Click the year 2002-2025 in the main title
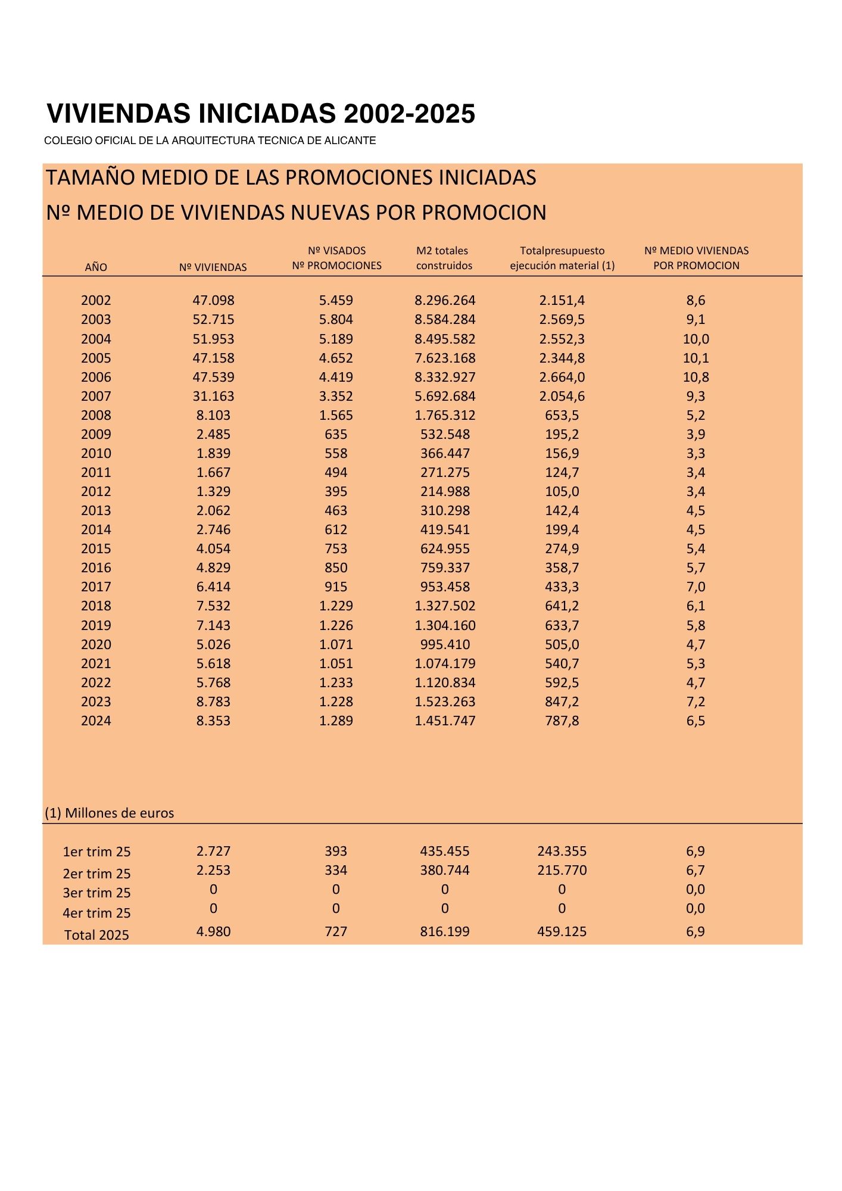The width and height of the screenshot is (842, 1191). [x=409, y=114]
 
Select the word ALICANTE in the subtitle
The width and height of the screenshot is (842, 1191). [x=351, y=141]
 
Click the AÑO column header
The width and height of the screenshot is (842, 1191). [x=96, y=267]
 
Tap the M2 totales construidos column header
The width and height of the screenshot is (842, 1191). [x=444, y=258]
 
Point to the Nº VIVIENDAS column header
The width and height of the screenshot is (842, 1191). [x=213, y=267]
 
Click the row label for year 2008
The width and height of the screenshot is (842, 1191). [x=96, y=416]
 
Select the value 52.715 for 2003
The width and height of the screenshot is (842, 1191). [x=213, y=320]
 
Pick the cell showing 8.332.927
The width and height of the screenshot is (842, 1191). [x=445, y=378]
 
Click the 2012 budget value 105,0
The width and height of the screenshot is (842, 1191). [x=562, y=492]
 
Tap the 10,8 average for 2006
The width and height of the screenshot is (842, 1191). [x=696, y=378]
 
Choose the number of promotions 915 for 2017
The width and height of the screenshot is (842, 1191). [x=336, y=587]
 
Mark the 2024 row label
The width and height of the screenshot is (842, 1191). [x=96, y=721]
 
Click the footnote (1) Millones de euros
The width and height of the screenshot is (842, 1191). [x=110, y=813]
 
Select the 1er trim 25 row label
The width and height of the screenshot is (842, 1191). [x=96, y=852]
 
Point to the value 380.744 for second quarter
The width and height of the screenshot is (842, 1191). [x=445, y=871]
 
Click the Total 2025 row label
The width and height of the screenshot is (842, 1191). [x=96, y=935]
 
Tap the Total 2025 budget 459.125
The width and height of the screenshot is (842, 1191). [x=562, y=932]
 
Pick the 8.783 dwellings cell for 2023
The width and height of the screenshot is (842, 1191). [x=213, y=702]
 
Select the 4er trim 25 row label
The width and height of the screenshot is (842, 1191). [x=96, y=913]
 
